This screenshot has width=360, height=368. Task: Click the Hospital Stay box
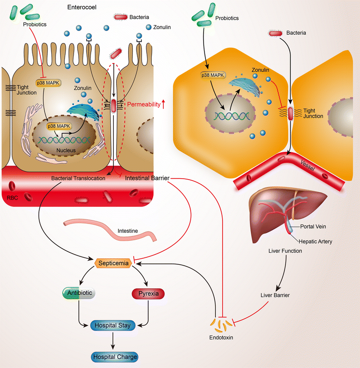(x=113, y=325)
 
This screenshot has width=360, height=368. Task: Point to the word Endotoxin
(x=220, y=337)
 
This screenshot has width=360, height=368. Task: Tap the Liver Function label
(x=285, y=251)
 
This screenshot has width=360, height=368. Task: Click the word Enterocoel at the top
(x=82, y=7)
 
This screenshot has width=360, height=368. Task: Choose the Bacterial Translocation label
(x=74, y=178)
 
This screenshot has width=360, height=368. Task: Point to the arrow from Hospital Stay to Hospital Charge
(x=113, y=341)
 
